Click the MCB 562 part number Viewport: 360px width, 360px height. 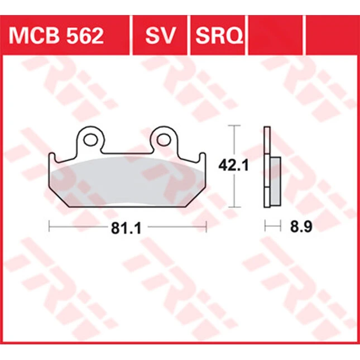(56, 36)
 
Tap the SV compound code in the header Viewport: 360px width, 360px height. (160, 36)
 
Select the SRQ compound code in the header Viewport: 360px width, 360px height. (219, 36)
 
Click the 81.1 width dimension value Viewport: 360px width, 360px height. (126, 228)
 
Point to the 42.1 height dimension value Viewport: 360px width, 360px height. (233, 166)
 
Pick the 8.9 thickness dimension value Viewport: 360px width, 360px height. (301, 227)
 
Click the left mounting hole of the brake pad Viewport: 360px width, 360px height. (90, 140)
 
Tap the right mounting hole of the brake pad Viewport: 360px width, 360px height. (164, 140)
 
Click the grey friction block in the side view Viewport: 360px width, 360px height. (276, 181)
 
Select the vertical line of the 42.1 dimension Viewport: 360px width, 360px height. (234, 166)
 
